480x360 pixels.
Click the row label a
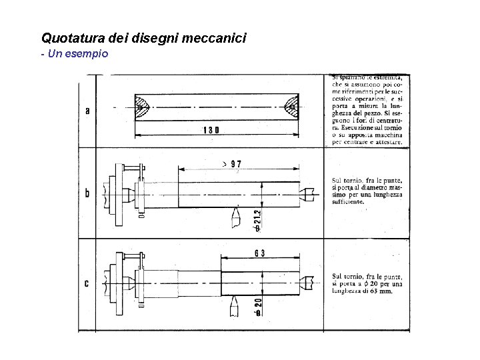(x=87, y=110)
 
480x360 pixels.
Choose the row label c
(x=87, y=284)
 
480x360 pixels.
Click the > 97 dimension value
(x=232, y=164)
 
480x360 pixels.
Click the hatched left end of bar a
(x=143, y=107)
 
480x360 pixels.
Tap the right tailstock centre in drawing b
(x=307, y=193)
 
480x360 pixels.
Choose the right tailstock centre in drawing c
(x=307, y=281)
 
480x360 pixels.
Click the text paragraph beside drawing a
(x=367, y=111)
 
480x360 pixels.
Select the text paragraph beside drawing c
(x=367, y=283)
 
